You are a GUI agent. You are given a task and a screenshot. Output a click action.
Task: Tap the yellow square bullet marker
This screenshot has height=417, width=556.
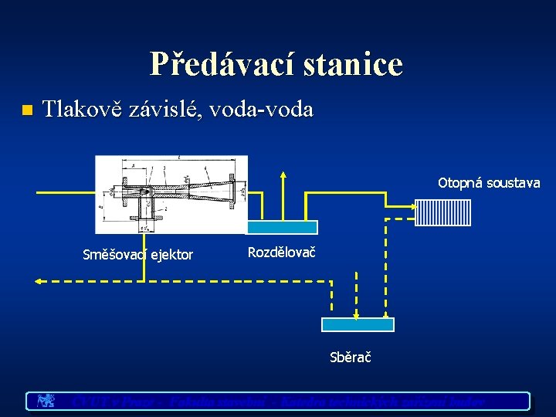click(x=27, y=110)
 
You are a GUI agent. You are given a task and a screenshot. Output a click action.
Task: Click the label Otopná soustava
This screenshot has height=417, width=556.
click(x=489, y=183)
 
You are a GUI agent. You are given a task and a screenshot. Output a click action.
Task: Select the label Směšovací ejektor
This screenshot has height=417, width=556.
click(x=137, y=255)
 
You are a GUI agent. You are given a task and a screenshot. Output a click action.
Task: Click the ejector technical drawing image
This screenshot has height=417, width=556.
click(x=171, y=194)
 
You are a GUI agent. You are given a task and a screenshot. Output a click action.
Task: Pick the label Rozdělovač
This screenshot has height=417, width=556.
click(x=282, y=252)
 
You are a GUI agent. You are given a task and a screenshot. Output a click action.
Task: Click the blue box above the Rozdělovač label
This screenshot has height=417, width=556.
click(x=282, y=227)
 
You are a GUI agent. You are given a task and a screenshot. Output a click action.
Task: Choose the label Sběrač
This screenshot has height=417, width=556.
click(x=351, y=358)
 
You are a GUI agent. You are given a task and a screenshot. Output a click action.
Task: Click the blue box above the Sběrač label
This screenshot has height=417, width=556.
click(x=358, y=324)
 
